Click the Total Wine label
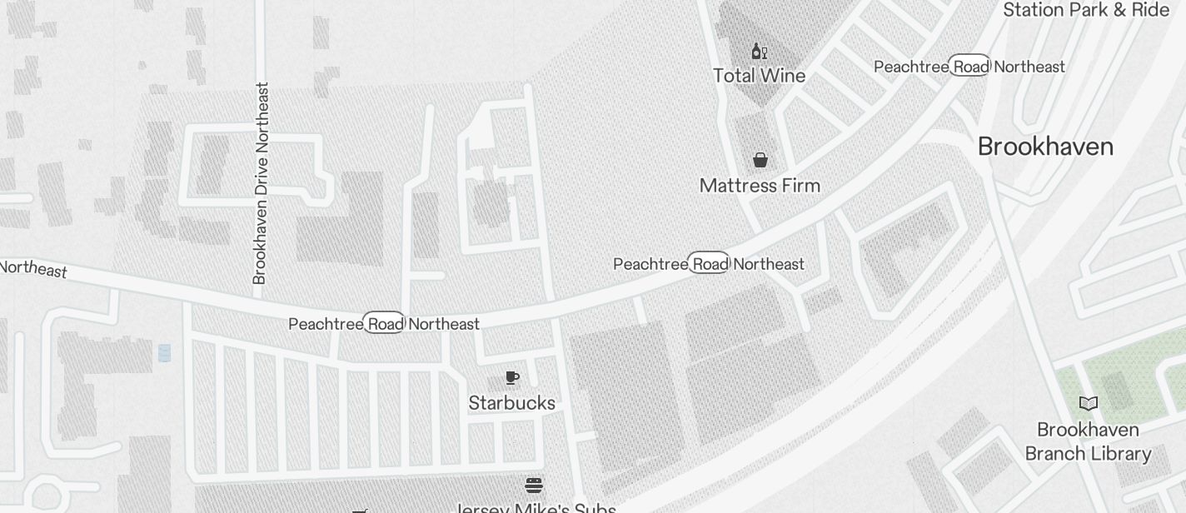759,76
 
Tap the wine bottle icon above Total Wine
759,52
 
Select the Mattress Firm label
760,186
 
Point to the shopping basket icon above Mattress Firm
760,159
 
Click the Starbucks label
511,403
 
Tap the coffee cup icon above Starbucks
512,378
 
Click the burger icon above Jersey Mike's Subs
534,485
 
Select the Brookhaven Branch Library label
1088,441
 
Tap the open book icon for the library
1088,404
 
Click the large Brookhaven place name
1045,147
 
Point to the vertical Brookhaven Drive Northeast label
261,183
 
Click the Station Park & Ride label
1086,10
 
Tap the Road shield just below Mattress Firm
709,264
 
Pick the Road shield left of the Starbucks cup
384,323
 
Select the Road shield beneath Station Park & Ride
969,67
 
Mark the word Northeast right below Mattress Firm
769,265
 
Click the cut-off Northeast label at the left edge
33,269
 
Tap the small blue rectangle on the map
164,353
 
